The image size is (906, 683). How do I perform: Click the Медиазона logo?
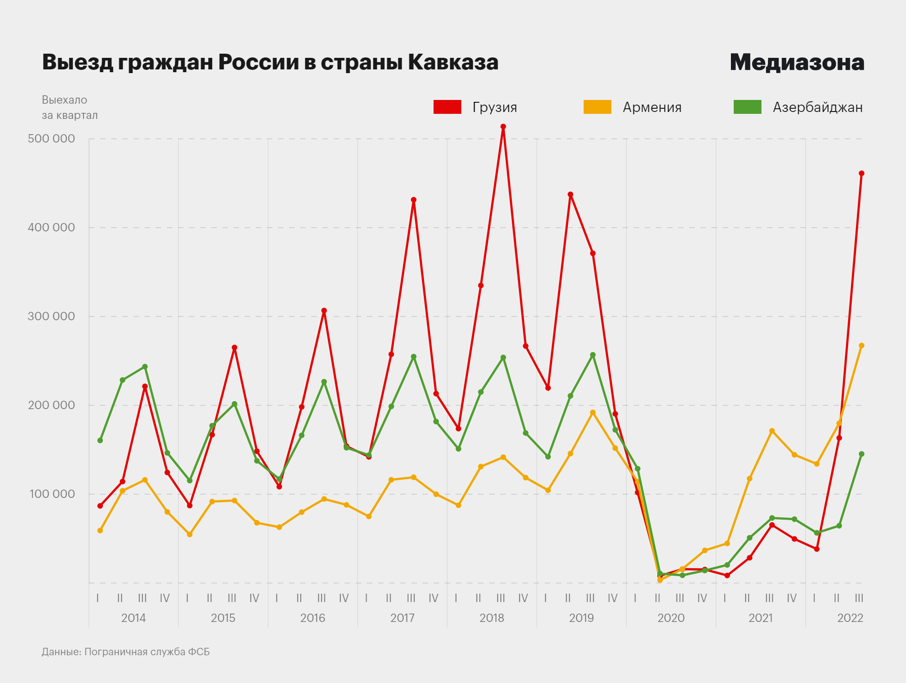(797, 62)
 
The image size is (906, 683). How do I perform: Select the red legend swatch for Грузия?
(447, 107)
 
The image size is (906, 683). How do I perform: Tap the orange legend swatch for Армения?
(597, 107)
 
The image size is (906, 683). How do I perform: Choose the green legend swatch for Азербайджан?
(747, 107)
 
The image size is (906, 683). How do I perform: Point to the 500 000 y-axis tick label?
(51, 138)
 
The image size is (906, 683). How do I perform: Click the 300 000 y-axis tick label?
(51, 316)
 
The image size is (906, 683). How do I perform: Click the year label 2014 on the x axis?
(133, 618)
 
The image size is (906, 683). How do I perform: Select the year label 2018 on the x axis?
(492, 618)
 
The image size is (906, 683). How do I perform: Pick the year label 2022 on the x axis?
(850, 618)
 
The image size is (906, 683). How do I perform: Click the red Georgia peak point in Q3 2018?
(503, 126)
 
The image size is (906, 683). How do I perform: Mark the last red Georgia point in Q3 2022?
(862, 174)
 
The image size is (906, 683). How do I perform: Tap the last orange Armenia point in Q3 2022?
(862, 346)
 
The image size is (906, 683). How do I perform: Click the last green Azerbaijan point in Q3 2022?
(862, 454)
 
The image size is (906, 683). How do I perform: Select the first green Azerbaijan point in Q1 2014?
(100, 441)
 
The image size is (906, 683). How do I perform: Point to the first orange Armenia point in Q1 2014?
(100, 530)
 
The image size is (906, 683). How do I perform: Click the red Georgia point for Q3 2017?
(414, 200)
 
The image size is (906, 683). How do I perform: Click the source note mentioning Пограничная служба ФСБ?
(126, 652)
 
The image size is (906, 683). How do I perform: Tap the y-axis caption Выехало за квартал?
(69, 107)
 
